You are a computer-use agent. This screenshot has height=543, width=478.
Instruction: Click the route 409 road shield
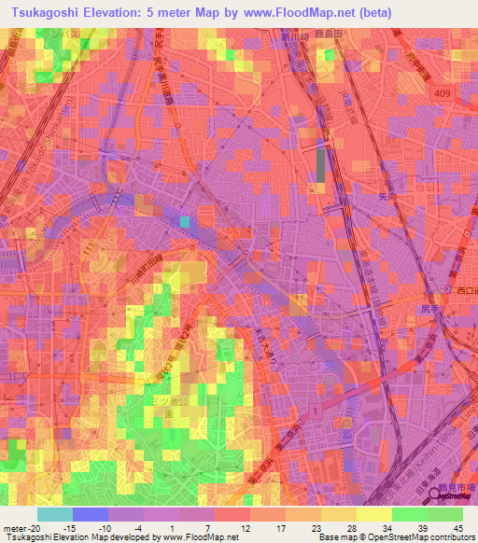coord(442,93)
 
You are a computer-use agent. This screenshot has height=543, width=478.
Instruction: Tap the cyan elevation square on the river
coord(185,221)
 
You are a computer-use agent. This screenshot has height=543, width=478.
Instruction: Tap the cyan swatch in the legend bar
coord(54,514)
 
